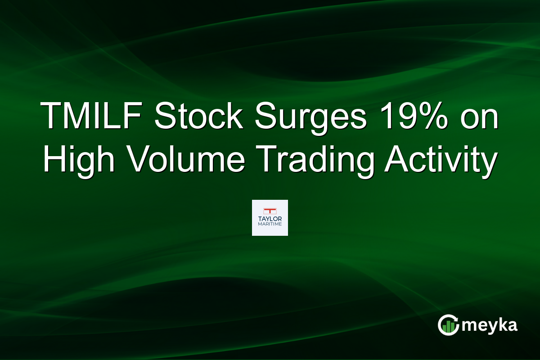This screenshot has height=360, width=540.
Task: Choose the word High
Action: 78,159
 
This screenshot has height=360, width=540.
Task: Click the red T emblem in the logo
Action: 270,210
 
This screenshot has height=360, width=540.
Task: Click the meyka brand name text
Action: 490,325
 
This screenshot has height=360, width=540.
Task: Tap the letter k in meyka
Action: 502,324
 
